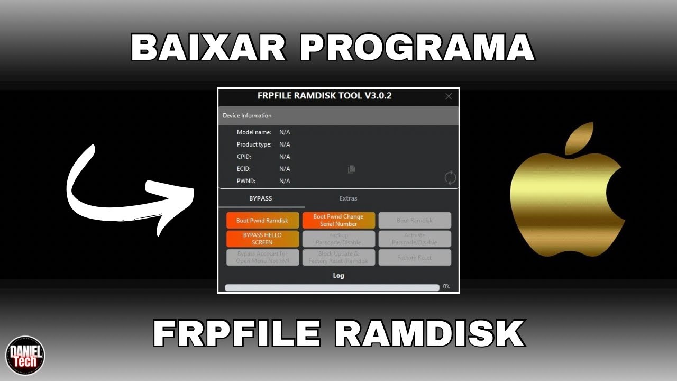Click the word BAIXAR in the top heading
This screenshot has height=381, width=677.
point(208,48)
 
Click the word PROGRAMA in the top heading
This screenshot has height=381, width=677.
point(417,48)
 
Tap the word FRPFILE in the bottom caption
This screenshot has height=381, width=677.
point(236,334)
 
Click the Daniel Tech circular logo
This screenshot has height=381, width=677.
point(25,355)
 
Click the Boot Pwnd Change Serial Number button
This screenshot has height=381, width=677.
point(338,220)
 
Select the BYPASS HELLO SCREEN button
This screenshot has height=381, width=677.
point(262,239)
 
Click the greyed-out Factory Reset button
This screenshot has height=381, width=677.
point(415,258)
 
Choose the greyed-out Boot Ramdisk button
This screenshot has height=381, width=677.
point(415,220)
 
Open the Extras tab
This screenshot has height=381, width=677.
point(348,198)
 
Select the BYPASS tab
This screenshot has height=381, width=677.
point(261,198)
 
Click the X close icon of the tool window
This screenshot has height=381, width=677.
point(449,96)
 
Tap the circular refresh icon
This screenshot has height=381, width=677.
point(450,178)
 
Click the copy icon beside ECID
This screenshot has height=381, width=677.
point(351,169)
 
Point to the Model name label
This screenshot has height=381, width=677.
point(254,132)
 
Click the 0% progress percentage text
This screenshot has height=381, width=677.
point(446,287)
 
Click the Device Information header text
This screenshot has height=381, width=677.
point(247,115)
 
